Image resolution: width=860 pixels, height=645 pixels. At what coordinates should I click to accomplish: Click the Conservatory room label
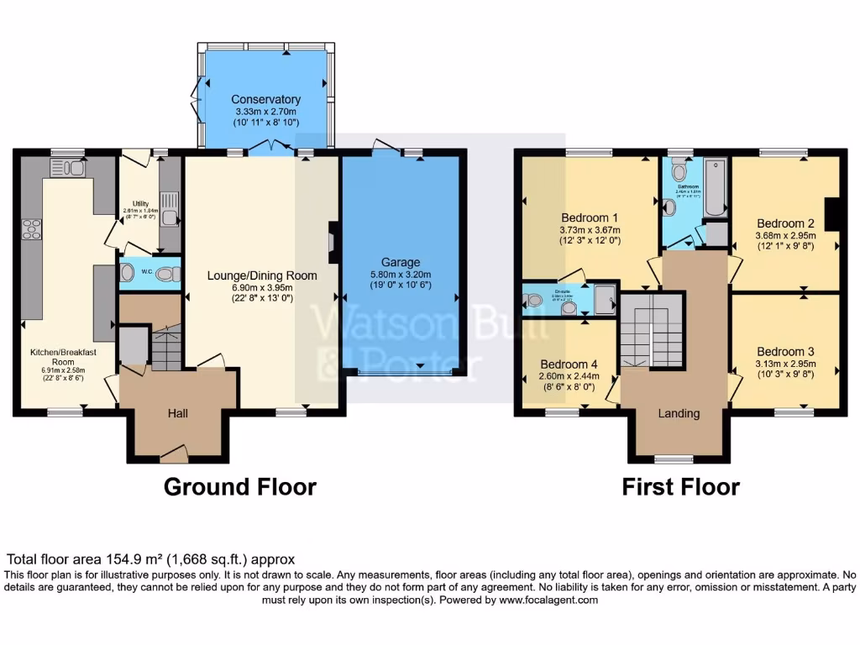pos(265,100)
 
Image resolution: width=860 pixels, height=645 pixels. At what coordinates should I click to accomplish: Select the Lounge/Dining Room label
pos(262,275)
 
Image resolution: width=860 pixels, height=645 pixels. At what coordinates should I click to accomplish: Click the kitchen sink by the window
pos(67,168)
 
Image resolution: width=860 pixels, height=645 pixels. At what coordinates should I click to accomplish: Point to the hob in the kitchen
pos(32,228)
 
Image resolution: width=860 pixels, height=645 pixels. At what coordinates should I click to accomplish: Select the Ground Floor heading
pos(239,487)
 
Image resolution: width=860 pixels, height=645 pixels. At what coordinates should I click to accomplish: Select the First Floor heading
pos(680,487)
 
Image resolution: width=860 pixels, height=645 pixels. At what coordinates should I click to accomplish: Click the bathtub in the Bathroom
pos(716,186)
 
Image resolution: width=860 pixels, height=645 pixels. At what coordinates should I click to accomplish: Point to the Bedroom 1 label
pos(590,218)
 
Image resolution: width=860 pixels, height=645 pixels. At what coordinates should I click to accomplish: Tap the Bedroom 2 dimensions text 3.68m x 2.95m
pos(785,236)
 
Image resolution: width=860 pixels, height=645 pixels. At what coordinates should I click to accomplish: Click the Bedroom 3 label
pos(785,351)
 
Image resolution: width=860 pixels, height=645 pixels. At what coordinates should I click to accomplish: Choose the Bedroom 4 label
pos(569,364)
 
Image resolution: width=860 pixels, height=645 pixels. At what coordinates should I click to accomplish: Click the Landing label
pos(679,413)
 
